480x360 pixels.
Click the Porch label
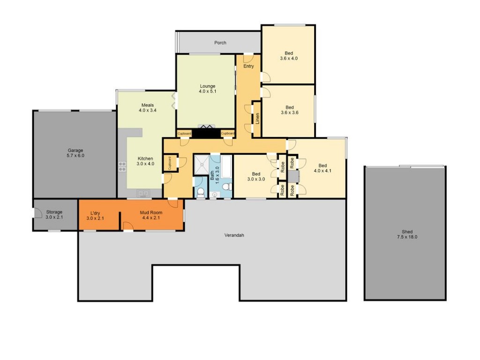tap(220, 43)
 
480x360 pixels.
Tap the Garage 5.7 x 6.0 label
tap(75, 153)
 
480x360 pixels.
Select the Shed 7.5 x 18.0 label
tap(407, 234)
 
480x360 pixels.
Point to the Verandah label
tap(234, 235)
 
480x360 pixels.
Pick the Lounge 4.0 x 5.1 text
tap(208, 89)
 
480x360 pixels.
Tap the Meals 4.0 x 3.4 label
tap(148, 108)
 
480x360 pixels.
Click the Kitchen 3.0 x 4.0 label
tap(145, 161)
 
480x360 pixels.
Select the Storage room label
tap(54, 214)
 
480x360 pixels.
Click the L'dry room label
tap(95, 216)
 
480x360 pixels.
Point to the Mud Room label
tap(151, 215)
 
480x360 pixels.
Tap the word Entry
tap(248, 66)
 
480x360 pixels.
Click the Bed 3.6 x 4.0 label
tap(289, 56)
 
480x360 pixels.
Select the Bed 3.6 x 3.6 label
tap(290, 110)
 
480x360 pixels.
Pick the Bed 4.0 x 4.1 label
tap(322, 168)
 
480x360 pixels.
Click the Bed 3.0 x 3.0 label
tap(256, 177)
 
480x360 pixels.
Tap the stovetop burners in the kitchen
tap(122, 166)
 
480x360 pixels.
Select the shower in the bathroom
tap(202, 165)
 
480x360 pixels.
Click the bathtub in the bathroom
tap(226, 166)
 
